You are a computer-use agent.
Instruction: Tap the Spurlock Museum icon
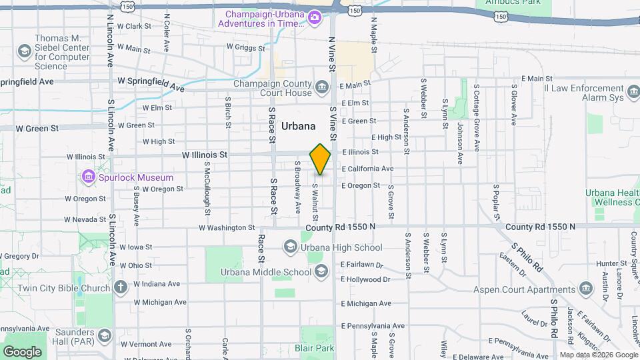click(87, 177)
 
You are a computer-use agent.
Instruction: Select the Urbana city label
click(298, 125)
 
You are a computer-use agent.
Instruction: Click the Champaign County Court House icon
click(322, 87)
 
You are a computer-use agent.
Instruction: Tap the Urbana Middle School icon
click(321, 271)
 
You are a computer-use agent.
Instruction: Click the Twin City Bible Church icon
click(120, 287)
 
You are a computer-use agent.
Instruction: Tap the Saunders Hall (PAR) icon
click(104, 334)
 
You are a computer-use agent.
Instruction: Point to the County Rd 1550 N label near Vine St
click(341, 227)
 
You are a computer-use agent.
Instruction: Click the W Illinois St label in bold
click(205, 155)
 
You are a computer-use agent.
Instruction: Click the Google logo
click(22, 351)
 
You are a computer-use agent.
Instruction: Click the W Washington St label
click(227, 227)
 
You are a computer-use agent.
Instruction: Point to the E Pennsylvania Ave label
click(373, 326)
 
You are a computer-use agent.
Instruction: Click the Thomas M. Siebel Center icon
click(25, 51)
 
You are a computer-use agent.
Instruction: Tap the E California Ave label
click(367, 169)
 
